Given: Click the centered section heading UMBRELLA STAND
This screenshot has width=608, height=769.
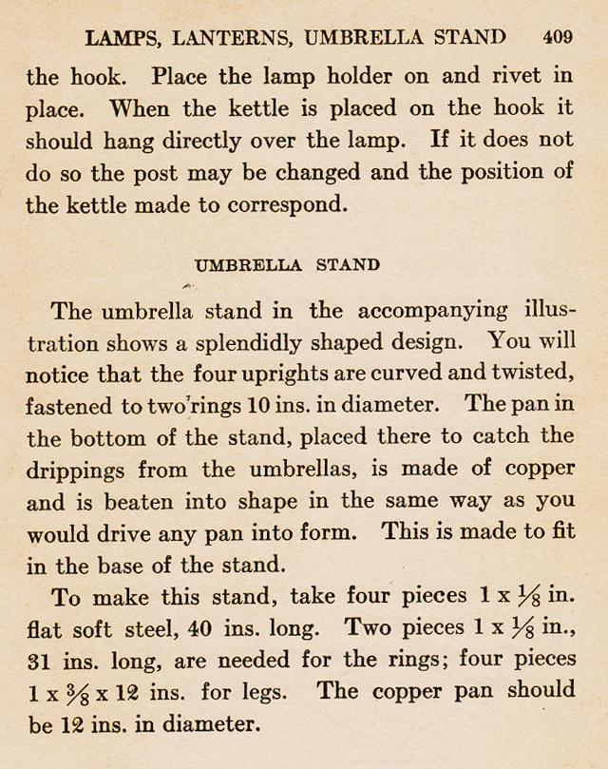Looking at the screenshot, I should click(x=287, y=265).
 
